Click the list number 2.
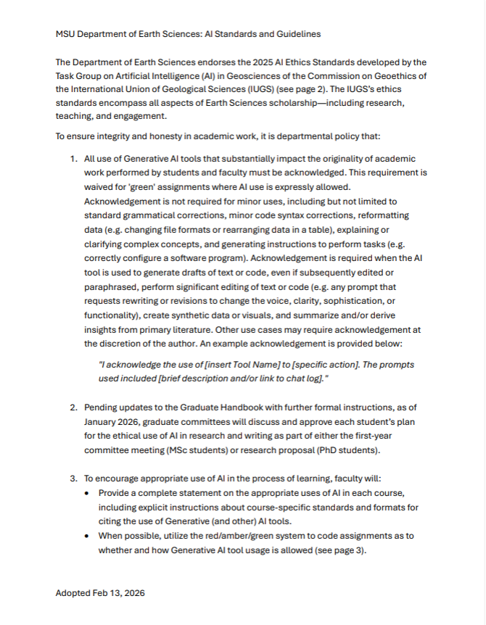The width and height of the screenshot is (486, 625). click(x=73, y=408)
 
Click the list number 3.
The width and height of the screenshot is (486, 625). click(x=73, y=479)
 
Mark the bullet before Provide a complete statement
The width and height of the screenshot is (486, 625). click(x=88, y=493)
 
